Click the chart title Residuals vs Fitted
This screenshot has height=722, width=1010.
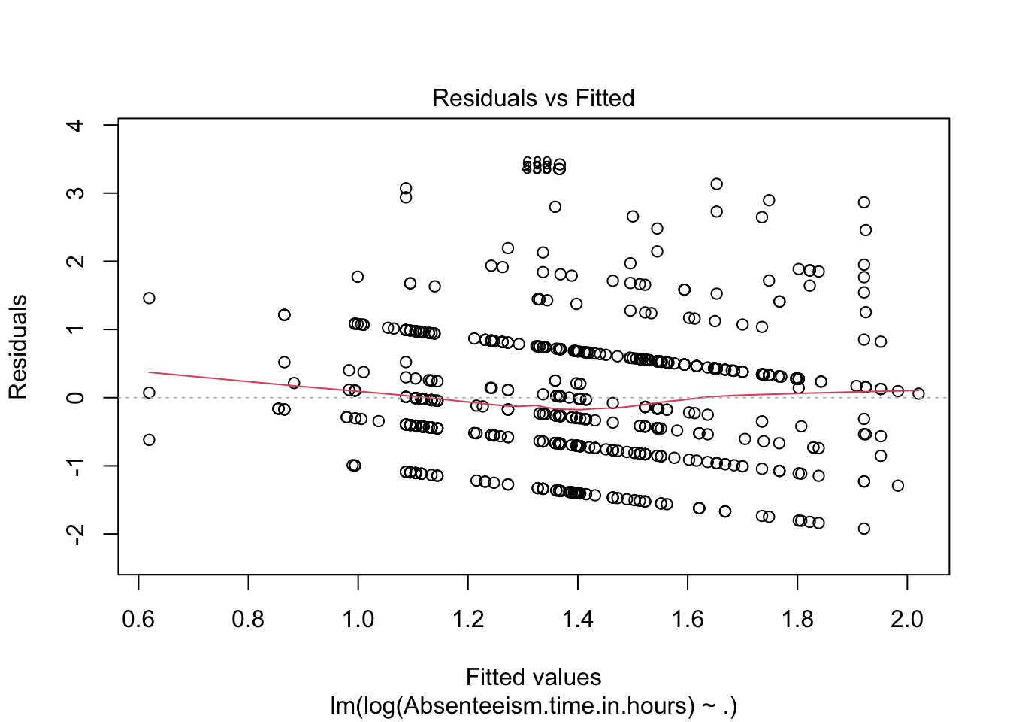pos(533,98)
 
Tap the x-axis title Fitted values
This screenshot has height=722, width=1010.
pos(533,677)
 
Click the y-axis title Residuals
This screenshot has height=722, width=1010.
pos(18,347)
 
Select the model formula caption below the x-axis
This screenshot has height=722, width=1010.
pos(533,705)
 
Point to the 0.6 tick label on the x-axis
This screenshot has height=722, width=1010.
pos(138,619)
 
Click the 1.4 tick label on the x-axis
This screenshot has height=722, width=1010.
pos(577,619)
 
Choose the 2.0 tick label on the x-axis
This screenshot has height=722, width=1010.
pos(906,619)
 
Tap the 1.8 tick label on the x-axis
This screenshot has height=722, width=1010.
pos(797,619)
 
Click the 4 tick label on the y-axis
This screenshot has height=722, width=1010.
pos(76,125)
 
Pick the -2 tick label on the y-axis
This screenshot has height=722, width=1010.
pos(76,534)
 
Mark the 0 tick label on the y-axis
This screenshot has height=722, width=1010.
pos(76,397)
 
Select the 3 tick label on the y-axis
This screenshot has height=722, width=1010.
pos(76,193)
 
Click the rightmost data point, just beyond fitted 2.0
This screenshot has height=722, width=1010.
pos(918,393)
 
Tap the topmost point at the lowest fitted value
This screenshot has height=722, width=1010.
pos(149,298)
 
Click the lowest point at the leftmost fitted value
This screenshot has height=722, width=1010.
pos(149,439)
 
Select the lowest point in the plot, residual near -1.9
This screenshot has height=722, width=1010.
pos(864,529)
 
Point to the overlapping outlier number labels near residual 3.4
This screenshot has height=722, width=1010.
pos(537,165)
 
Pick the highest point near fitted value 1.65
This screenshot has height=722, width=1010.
pos(717,184)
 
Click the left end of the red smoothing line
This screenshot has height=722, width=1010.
pos(150,372)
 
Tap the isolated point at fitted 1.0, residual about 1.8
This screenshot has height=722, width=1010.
pos(358,277)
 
